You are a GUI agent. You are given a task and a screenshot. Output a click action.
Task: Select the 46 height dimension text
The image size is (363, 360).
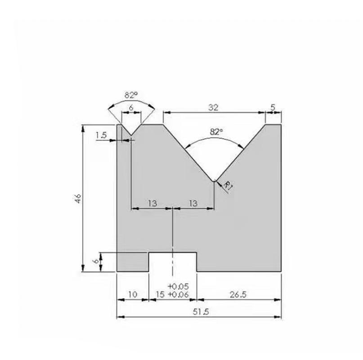[78, 198]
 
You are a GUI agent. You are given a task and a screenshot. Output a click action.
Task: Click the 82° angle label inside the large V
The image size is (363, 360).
[216, 132]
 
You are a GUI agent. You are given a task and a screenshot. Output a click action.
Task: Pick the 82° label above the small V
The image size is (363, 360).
[131, 95]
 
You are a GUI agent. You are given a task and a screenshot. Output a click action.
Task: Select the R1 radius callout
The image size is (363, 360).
[228, 185]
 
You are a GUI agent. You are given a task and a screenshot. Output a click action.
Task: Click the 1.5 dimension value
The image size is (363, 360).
[101, 135]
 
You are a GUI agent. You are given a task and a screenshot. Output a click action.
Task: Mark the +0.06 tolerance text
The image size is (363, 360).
[179, 295]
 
